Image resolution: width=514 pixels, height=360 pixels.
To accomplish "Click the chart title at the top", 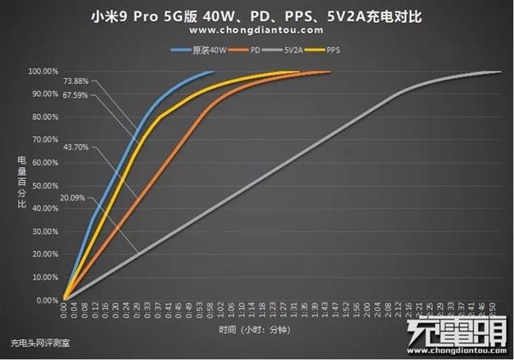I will [x=257, y=16].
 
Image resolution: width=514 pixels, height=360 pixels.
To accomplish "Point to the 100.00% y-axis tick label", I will [x=43, y=71].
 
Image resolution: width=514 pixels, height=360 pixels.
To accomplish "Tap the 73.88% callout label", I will [x=75, y=81].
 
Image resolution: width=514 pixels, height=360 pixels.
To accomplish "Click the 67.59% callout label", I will [x=75, y=96].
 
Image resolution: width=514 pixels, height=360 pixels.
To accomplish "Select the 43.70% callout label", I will [x=75, y=147].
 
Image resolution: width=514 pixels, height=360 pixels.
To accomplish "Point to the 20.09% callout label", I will [x=74, y=199].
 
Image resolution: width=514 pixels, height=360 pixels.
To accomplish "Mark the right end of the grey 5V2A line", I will [x=500, y=72].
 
